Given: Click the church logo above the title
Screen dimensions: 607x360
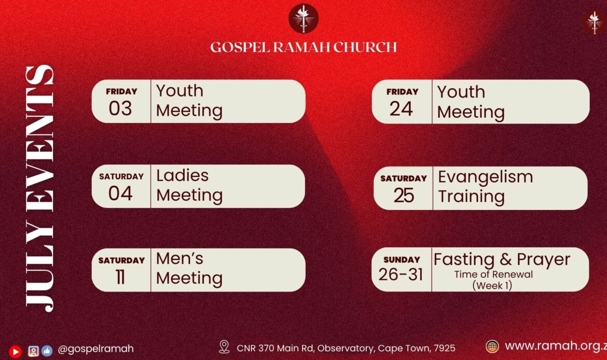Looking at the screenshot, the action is pos(303,19).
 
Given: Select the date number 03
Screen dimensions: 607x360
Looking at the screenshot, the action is pos(120,108).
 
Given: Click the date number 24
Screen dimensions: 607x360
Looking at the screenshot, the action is pos(401,109).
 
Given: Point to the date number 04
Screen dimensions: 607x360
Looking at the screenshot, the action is pos(120,193).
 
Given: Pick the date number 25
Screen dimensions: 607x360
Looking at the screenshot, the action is pos(404,195).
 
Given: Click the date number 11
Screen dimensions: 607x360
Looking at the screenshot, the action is pos(120,277).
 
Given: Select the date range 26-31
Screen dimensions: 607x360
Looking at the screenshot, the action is pos(401,274).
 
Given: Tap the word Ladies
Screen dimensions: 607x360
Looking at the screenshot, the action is pos(182,176).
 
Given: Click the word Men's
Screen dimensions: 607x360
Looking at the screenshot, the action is pos(180,258).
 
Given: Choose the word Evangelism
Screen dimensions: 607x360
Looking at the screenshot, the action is pos(486,177).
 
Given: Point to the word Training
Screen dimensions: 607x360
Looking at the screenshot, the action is pos(471,197).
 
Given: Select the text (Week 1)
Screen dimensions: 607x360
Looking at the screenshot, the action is pos(492,286).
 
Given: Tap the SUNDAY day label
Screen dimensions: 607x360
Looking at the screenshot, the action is pos(402,260).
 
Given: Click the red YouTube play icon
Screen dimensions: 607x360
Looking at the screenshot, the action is pos(16,352).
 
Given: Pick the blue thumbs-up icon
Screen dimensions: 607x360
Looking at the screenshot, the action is pos(47,351).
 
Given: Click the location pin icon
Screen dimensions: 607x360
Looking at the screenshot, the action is pos(224,347).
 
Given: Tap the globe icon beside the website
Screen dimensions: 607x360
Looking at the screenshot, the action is pos(492,347).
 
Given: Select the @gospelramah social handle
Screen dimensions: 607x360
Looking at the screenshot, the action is pos(95,349).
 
